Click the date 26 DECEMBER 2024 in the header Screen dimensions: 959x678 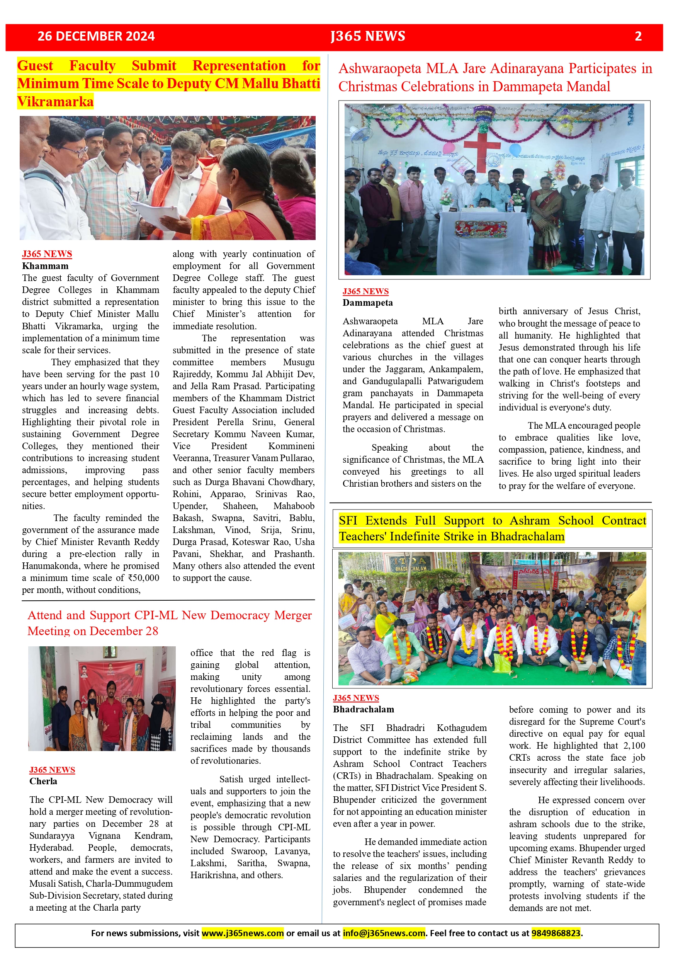(x=96, y=36)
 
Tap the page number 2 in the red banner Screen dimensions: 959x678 (x=638, y=36)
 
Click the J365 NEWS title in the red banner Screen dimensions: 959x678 (x=367, y=36)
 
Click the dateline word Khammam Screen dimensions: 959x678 (x=45, y=266)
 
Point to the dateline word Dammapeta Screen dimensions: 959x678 (x=367, y=303)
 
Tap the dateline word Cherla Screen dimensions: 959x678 (x=43, y=781)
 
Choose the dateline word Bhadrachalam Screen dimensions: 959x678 (x=363, y=709)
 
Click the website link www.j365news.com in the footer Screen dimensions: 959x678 (x=243, y=933)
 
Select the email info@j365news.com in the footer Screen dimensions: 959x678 (x=384, y=933)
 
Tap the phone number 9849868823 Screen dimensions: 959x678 (x=556, y=933)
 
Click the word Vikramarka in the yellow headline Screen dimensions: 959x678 (x=55, y=102)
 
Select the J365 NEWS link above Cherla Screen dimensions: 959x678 (x=52, y=770)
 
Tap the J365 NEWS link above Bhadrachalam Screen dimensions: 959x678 (x=356, y=698)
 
